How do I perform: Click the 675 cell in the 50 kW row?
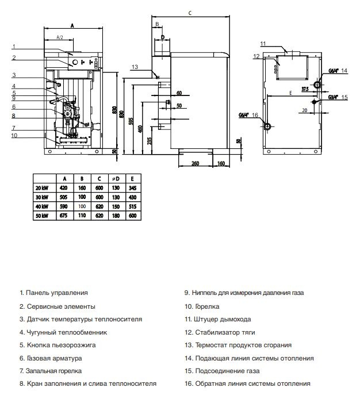63,216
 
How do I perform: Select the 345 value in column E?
133,188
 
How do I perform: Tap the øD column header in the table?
116,179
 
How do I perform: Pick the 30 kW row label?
42,197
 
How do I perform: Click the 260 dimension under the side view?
195,163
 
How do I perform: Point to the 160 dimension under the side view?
221,163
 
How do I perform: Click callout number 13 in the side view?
135,67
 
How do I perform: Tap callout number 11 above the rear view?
263,44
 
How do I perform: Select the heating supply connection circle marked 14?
317,85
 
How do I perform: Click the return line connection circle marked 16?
267,126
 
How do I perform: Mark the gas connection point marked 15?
315,102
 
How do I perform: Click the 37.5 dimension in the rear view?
305,89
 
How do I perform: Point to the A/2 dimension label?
60,37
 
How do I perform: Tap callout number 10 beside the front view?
14,135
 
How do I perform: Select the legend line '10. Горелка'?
202,306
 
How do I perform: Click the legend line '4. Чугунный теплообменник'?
63,332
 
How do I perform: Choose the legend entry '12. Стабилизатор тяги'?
220,332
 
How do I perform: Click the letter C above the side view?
190,13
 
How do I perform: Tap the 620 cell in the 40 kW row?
99,206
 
